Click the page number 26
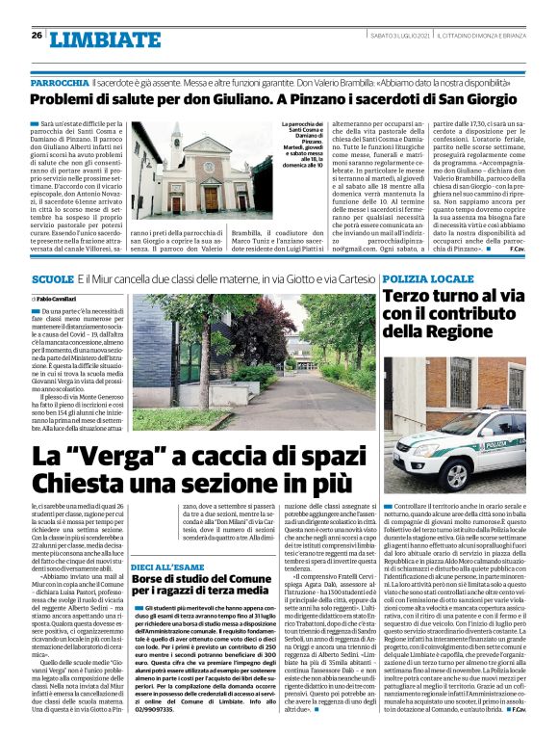[37, 36]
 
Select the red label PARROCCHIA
[58, 85]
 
